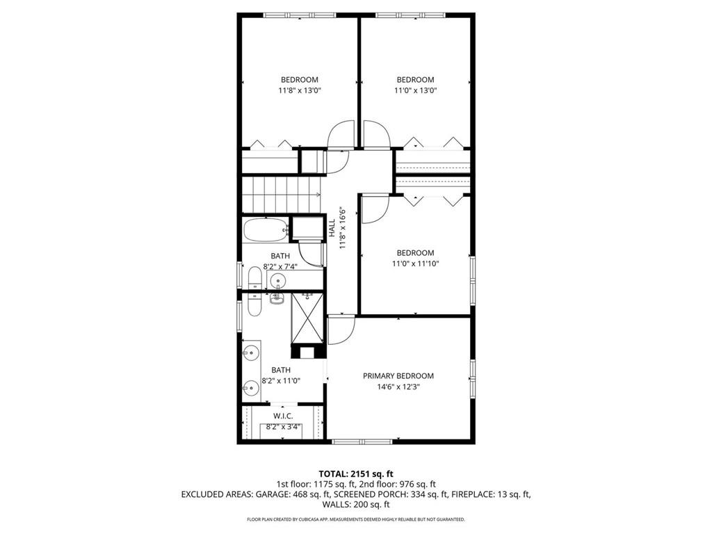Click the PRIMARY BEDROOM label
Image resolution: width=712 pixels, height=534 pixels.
[x=398, y=375]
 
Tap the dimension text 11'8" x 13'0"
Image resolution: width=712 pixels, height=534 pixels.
[x=299, y=90]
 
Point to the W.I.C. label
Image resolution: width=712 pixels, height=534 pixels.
[x=282, y=416]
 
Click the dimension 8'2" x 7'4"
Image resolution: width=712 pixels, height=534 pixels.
[x=281, y=266]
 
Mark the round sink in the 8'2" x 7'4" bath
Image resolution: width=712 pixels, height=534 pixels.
[x=278, y=282]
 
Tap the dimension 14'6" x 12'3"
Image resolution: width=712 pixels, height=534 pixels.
[x=398, y=387]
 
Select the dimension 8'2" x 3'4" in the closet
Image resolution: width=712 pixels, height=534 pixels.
[x=282, y=427]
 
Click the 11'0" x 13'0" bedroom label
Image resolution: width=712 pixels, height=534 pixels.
[x=415, y=80]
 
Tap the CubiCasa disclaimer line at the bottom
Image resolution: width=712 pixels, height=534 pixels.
[x=355, y=519]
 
